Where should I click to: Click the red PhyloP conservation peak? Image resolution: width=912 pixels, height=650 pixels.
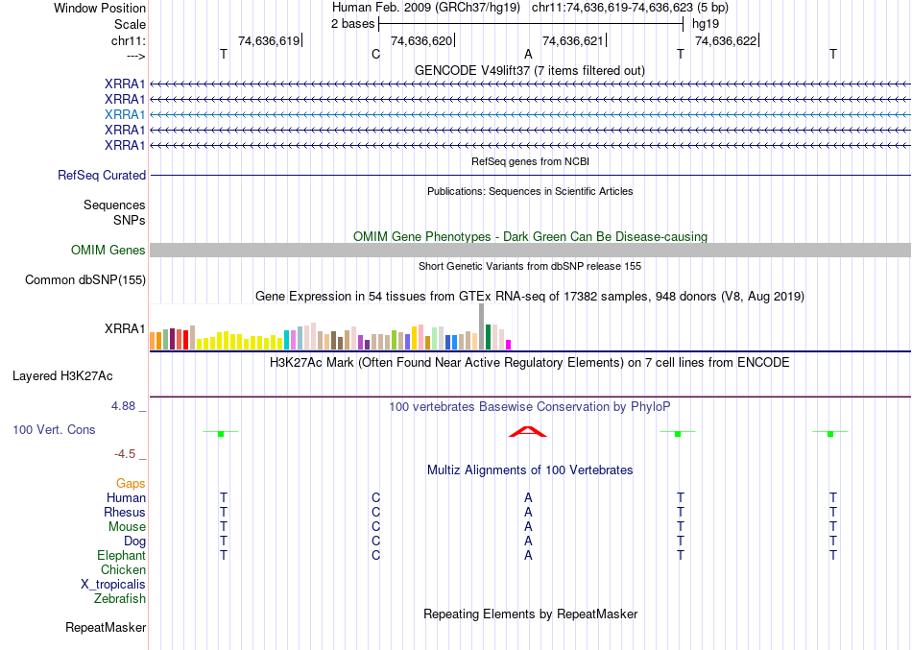click(528, 433)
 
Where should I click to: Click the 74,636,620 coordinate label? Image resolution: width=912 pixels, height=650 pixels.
click(420, 40)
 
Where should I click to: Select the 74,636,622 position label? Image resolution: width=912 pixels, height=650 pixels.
click(725, 40)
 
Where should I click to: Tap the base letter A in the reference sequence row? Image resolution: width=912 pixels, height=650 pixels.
click(528, 55)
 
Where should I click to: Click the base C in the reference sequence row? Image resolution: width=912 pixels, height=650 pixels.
click(375, 55)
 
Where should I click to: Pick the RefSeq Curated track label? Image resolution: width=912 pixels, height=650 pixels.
click(102, 176)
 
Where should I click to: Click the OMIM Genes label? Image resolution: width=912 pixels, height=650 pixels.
click(108, 251)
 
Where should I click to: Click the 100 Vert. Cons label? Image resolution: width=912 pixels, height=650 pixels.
click(54, 429)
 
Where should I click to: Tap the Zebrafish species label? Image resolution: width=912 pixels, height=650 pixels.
click(120, 599)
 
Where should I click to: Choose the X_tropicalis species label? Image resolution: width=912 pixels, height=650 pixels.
click(113, 585)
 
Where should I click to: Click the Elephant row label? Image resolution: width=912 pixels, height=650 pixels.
click(121, 556)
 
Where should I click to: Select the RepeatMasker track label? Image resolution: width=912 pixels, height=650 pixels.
click(106, 628)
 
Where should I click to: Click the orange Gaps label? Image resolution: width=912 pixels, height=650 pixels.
click(131, 484)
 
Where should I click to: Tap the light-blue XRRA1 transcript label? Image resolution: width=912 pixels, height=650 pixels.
click(125, 114)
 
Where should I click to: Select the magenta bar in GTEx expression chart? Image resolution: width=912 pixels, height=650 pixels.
click(509, 344)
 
